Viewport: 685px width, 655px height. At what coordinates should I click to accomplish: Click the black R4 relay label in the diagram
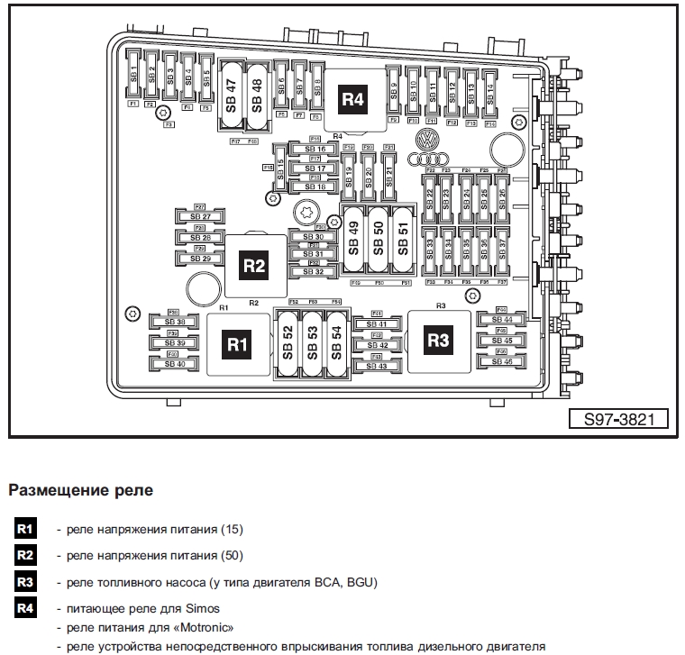[353, 99]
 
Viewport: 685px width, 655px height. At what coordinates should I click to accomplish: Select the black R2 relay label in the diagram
[254, 266]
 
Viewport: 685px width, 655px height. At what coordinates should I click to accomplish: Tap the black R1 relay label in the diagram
[237, 344]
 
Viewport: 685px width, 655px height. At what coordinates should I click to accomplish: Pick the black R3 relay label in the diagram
[438, 341]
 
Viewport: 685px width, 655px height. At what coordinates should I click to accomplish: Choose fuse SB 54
[336, 342]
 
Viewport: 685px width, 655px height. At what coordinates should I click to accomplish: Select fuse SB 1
[132, 77]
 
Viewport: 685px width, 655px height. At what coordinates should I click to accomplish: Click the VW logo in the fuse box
[425, 141]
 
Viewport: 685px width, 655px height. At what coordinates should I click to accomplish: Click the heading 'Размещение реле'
[80, 491]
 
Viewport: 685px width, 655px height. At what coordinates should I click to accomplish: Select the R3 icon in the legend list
[25, 583]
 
